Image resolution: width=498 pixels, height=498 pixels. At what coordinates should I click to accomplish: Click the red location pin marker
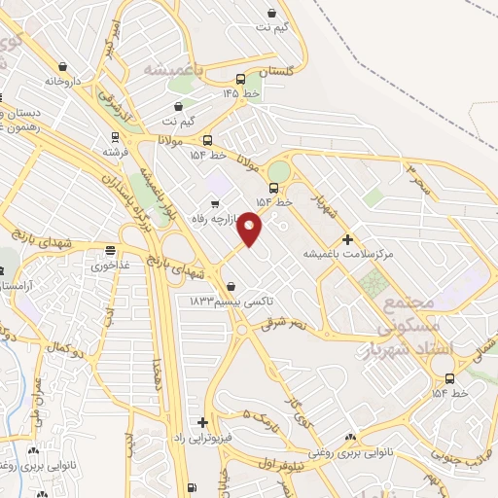click(250, 229)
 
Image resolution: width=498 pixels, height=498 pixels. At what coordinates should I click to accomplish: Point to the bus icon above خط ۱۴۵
click(240, 79)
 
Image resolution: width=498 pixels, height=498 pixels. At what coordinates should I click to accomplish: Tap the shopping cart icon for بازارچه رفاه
click(214, 202)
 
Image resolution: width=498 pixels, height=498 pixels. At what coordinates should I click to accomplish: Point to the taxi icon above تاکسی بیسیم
click(231, 287)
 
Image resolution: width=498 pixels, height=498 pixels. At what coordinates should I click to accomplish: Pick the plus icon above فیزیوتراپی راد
click(202, 422)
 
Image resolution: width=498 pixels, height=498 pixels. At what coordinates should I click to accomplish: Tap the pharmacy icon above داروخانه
click(63, 67)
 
